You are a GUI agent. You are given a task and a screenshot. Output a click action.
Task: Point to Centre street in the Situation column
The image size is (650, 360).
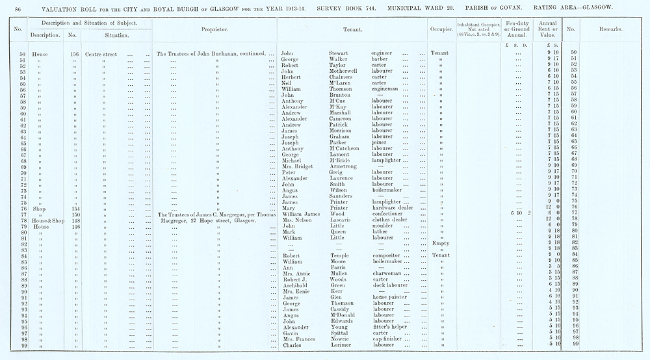[101, 53]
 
